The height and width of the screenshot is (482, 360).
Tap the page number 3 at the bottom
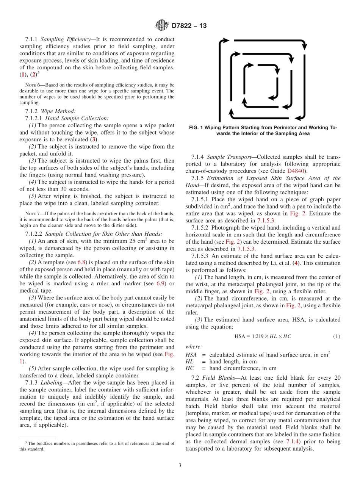tap(180, 465)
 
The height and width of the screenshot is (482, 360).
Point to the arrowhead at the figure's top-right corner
tap(304, 47)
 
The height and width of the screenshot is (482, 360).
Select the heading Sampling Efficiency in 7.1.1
tap(68, 39)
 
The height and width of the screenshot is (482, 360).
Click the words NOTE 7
tap(31, 214)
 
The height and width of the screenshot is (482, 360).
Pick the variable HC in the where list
tap(189, 368)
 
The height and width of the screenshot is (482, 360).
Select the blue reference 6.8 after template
tap(82, 262)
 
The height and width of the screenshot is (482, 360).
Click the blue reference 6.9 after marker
tap(160, 283)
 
